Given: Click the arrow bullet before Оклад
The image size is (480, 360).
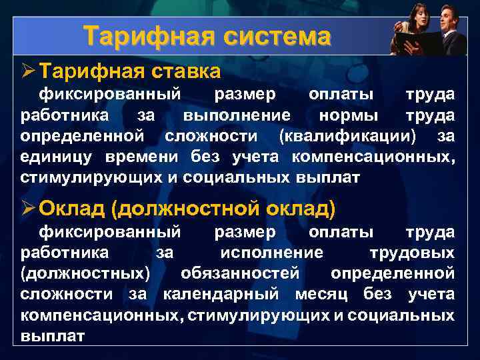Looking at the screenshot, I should (27, 209).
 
